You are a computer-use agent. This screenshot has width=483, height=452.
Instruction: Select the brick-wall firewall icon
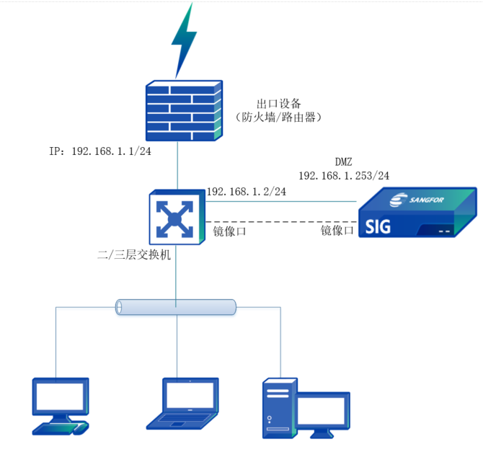tap(183, 110)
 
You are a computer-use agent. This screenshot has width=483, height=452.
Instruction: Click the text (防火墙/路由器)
tap(278, 117)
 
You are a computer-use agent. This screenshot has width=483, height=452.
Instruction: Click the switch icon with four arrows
tap(174, 216)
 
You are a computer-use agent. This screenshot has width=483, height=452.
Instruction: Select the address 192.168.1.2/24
tap(247, 192)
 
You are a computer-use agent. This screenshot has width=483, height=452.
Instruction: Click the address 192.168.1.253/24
tap(344, 176)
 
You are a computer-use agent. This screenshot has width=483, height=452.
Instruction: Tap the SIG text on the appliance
tap(378, 228)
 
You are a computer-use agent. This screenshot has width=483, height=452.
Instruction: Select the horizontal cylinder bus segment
tap(177, 307)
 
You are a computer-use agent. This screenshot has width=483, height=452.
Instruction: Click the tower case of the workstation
tap(277, 408)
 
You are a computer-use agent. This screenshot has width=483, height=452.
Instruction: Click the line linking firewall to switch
tap(177, 166)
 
